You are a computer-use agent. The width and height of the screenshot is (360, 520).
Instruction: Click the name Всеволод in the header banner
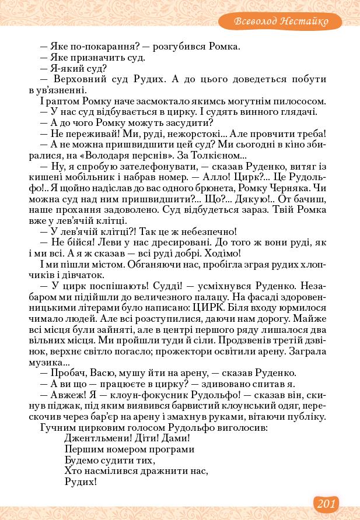255,22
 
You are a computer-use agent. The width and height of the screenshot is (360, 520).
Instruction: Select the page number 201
326,503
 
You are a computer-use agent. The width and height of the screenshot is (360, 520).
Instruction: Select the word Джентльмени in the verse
96,438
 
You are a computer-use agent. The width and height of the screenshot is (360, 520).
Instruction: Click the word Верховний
78,79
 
